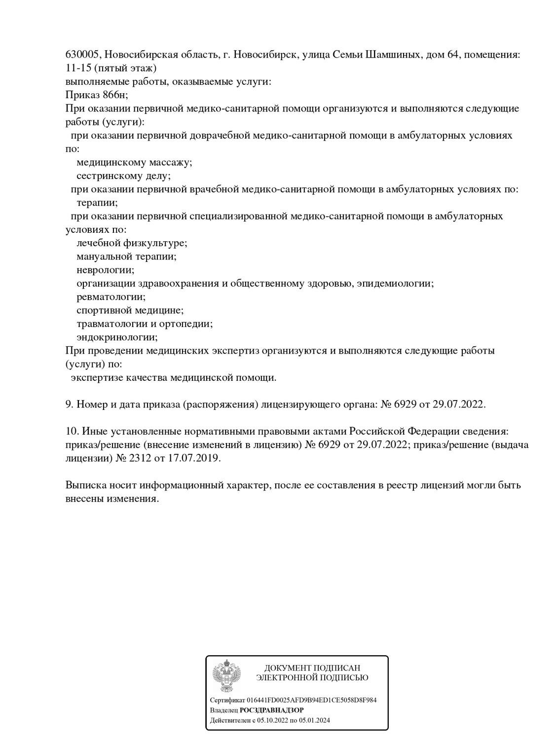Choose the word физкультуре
(x=159, y=243)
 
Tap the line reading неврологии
(x=105, y=270)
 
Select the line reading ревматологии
(x=111, y=297)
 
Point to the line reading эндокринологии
(x=117, y=337)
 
